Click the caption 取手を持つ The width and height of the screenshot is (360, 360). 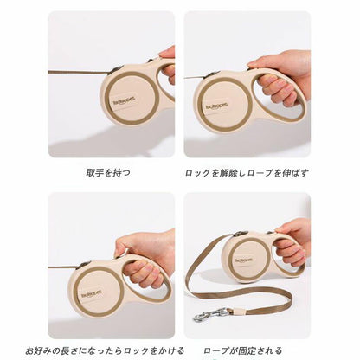(108, 173)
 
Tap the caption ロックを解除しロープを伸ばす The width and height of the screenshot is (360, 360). (247, 173)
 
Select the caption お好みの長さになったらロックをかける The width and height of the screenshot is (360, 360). (105, 350)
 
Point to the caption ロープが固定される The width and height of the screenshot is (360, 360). (243, 350)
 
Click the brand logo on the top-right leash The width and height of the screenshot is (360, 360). (217, 106)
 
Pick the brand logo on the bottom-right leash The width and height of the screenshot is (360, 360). (244, 260)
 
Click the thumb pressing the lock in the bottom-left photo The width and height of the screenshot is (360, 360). (123, 247)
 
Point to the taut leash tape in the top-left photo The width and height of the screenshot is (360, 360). (80, 72)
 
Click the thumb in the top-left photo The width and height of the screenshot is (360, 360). (167, 52)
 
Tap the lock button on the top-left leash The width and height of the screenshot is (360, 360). (151, 61)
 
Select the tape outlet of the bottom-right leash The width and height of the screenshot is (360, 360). (239, 234)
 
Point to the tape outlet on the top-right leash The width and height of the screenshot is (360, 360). (209, 74)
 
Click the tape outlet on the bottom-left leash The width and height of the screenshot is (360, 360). (85, 264)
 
